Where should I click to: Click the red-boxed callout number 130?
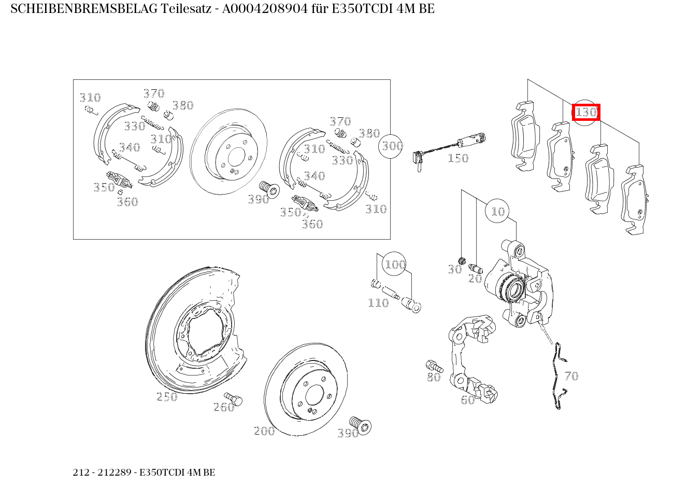coord(586,112)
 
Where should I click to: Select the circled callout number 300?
coord(392,146)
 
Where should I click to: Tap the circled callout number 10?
coord(497,211)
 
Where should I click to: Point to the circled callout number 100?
coord(395,265)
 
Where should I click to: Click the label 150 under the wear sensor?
coord(458,158)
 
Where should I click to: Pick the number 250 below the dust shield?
coord(167,397)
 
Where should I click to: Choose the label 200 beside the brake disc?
coord(264,431)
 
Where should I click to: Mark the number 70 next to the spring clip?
coord(571,376)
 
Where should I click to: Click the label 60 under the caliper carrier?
coord(468,400)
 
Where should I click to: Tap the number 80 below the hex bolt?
coord(434,378)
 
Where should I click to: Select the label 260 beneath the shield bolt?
coord(224,408)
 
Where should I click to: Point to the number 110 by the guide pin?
coord(378,303)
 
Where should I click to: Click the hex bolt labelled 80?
coord(433,365)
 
